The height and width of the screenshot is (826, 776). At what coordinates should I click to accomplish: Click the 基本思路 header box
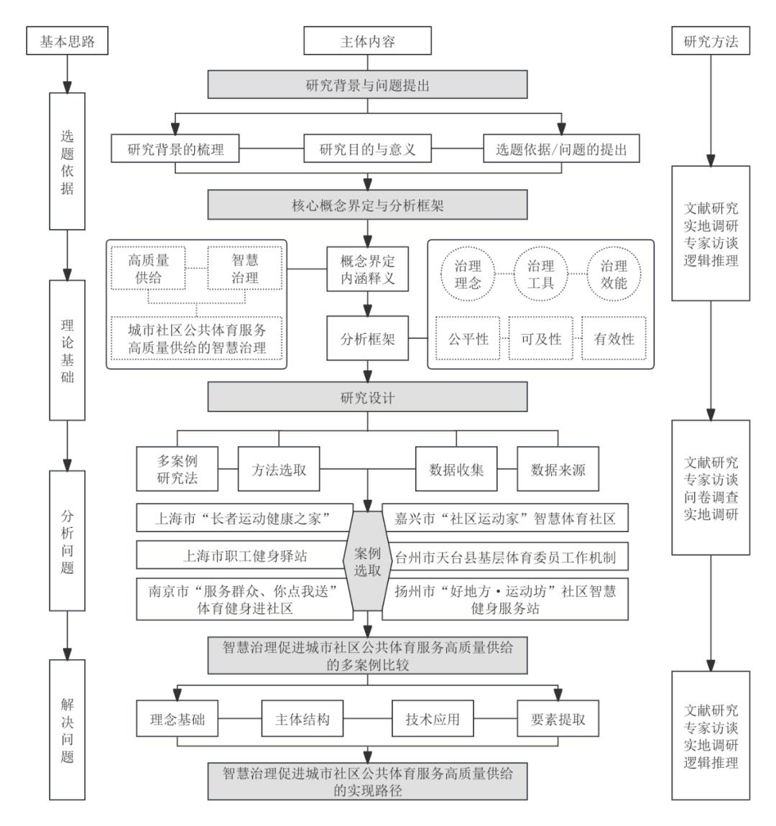click(66, 42)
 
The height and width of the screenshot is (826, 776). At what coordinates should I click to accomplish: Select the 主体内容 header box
click(367, 42)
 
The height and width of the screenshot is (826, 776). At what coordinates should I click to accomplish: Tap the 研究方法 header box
click(710, 42)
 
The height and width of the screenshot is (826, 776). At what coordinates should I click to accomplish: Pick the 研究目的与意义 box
click(367, 150)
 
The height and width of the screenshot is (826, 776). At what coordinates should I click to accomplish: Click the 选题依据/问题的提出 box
click(561, 150)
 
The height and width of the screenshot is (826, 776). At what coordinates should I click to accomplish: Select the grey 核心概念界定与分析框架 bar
click(367, 205)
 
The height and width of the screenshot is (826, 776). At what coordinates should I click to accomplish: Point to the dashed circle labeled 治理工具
click(540, 274)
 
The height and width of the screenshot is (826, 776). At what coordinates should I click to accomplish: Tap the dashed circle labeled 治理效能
click(614, 274)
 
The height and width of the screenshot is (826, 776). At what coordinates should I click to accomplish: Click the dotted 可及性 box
click(540, 338)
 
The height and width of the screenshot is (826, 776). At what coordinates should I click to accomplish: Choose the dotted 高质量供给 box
click(149, 268)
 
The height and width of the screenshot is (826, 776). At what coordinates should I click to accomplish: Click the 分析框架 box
click(367, 338)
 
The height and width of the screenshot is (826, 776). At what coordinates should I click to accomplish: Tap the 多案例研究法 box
click(177, 470)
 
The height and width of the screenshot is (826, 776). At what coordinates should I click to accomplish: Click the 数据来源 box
click(558, 470)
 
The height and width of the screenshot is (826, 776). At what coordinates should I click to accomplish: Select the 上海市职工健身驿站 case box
click(243, 556)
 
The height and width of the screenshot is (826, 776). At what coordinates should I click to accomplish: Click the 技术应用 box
click(432, 719)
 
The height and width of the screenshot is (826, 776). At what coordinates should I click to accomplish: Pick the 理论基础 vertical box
click(66, 350)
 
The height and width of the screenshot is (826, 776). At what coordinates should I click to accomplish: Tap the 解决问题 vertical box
click(66, 729)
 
